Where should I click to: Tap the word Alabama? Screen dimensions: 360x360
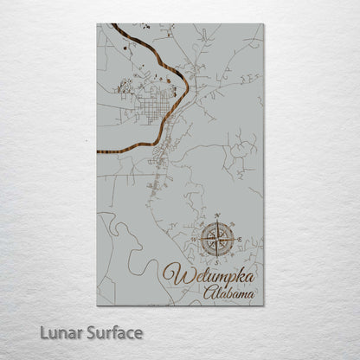pyautogui.click(x=229, y=294)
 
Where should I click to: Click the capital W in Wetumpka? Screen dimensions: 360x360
pyautogui.click(x=174, y=277)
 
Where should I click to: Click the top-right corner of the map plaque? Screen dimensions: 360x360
pyautogui.click(x=263, y=23)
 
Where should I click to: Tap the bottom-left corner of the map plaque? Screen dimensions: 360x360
pyautogui.click(x=97, y=305)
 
